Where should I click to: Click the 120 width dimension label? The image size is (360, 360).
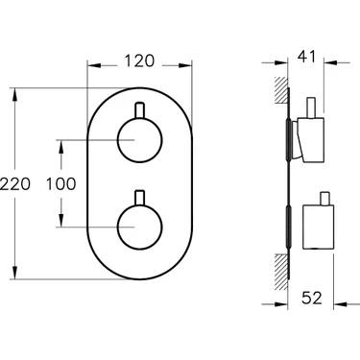pos(139,60)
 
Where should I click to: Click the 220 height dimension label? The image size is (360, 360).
pos(15,184)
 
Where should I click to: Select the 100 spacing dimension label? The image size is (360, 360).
pos(61,184)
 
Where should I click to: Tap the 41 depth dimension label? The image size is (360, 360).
pos(306,57)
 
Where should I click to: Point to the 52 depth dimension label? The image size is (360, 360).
pos(312,298)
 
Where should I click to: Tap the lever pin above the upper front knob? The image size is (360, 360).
pos(140,110)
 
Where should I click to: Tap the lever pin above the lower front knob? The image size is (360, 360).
pos(140,198)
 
